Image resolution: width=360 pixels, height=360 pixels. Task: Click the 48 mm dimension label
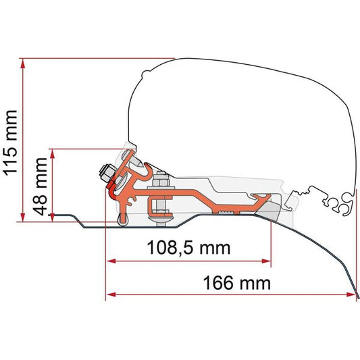(x=42, y=185)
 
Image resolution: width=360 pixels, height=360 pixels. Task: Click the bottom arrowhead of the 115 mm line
(x=24, y=217)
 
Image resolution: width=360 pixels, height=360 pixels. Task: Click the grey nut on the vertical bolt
(x=160, y=183)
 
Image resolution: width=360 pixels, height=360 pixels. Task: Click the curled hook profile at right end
(x=344, y=201)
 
